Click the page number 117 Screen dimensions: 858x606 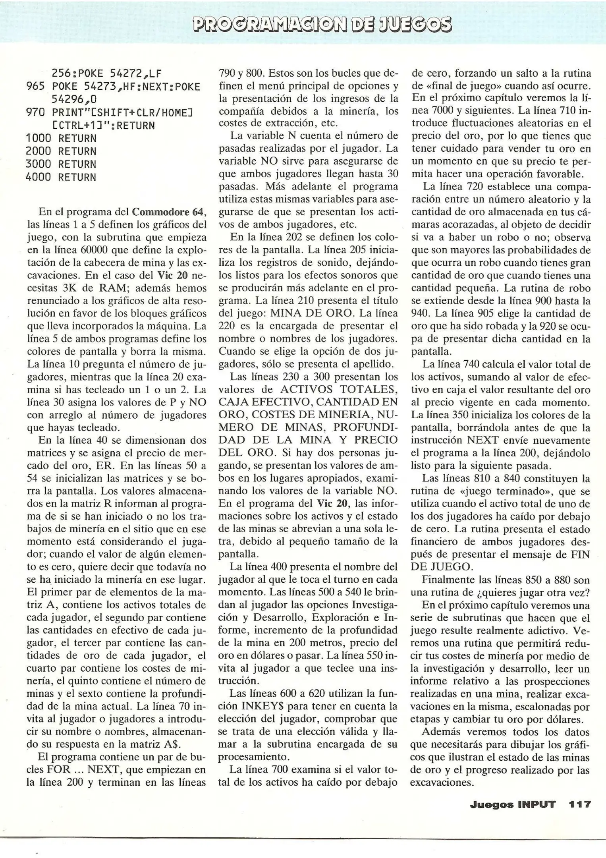click(580, 804)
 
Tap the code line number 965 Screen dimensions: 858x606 click(35, 87)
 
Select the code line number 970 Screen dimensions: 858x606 click(35, 112)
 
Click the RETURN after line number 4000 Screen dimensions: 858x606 click(77, 177)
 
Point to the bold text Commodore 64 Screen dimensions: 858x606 click(168, 212)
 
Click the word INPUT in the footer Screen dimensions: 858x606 click(536, 804)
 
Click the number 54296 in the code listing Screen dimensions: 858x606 click(68, 99)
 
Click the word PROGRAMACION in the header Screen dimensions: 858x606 click(279, 24)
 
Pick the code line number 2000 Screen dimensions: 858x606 click(38, 151)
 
